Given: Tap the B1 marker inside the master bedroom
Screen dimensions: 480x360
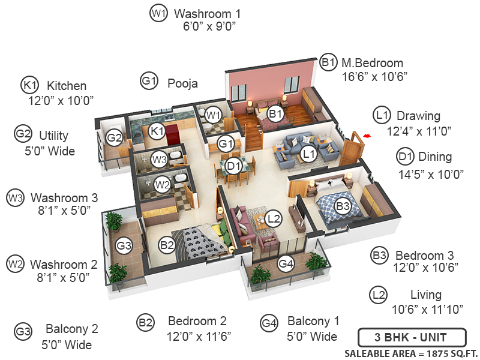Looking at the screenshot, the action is coord(275,114).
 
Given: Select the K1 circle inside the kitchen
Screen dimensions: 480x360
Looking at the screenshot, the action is coord(157,131).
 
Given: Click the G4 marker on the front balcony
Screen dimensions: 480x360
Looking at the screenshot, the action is coord(286,263).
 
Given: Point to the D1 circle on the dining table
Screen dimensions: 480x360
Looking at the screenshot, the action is coord(233,166).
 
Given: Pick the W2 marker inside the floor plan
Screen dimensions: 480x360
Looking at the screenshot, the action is coord(162,185).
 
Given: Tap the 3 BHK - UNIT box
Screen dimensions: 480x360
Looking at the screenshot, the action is coord(412,337).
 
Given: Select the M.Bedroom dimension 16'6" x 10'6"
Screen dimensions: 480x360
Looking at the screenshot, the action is coord(374,77).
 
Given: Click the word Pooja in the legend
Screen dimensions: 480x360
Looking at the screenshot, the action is coord(182,83).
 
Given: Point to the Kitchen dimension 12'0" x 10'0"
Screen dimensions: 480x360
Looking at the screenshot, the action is coord(61,100).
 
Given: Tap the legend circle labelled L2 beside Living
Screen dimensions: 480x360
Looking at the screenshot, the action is coord(379,295).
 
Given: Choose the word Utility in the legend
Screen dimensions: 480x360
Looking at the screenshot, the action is coord(53,136).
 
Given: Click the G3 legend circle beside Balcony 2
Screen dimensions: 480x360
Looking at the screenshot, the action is coord(23,332).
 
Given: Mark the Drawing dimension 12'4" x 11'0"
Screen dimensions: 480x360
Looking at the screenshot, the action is coord(419,131).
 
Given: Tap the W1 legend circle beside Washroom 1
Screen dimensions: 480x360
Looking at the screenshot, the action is coord(158,13).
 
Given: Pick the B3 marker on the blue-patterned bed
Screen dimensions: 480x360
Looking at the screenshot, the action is coord(343,206).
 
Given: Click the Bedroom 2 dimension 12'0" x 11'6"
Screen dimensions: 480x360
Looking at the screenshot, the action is coord(199,337).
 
